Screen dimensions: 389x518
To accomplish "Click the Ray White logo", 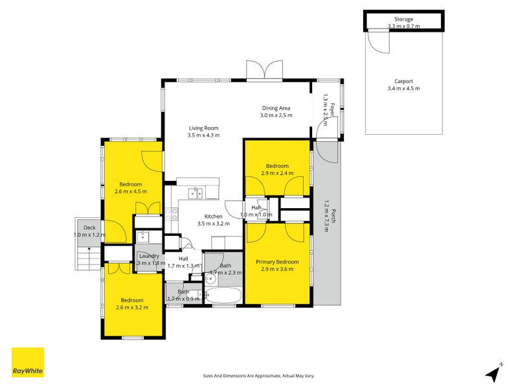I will (x=28, y=362).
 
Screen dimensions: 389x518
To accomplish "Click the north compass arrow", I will (x=494, y=371).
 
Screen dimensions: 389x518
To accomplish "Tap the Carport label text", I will (x=403, y=82).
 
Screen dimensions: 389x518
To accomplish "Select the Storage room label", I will (x=403, y=19).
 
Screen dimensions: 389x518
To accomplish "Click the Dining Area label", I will (x=276, y=108).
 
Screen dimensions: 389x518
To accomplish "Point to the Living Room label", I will (x=203, y=128).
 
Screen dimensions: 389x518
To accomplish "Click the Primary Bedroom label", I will (x=276, y=262).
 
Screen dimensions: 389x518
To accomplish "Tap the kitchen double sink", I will (x=195, y=193).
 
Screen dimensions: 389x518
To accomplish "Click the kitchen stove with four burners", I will (x=172, y=214).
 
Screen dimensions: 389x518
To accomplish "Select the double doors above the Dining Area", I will (x=265, y=70).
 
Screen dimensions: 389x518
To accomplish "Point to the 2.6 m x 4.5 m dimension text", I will (x=131, y=192).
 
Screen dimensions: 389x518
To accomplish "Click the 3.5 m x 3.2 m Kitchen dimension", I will (x=214, y=224).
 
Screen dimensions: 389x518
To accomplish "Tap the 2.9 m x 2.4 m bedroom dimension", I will (x=276, y=174).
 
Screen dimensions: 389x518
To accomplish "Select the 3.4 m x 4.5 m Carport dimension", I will (x=403, y=89).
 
